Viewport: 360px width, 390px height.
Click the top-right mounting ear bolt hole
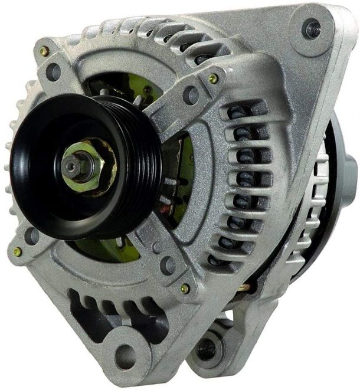coord(310,27)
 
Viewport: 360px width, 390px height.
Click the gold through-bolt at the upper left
coord(44,52)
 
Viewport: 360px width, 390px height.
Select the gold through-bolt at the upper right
coord(213,78)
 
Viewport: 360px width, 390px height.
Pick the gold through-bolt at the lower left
coord(18,251)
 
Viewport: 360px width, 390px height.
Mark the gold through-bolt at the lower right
coord(185,289)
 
